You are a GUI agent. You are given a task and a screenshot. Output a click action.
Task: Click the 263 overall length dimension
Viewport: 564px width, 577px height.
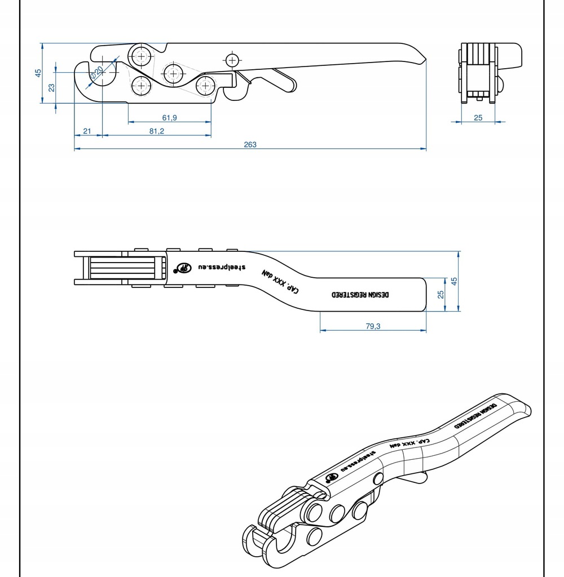[250, 145]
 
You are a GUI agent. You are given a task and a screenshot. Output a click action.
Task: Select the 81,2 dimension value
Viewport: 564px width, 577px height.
[157, 131]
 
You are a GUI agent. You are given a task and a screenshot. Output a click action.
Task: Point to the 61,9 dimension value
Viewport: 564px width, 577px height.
[169, 118]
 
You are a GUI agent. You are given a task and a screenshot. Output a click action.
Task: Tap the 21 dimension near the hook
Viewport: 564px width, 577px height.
[87, 131]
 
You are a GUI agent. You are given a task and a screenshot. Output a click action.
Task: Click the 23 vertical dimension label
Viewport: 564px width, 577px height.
[51, 87]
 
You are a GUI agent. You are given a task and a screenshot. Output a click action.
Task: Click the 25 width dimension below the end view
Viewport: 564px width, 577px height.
[478, 118]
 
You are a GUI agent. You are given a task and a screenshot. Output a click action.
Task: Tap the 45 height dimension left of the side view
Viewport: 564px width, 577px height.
[38, 73]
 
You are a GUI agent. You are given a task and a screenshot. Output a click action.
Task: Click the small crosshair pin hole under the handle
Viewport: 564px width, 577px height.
[231, 59]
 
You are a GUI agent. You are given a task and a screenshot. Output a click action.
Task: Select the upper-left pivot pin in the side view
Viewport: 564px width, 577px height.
[139, 56]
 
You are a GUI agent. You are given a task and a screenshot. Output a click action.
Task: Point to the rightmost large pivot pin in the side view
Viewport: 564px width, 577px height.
[205, 86]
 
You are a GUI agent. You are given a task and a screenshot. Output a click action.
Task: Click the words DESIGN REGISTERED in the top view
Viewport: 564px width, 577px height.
[360, 295]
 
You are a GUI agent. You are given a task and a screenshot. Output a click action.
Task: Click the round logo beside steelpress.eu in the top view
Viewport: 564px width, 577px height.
[183, 268]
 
